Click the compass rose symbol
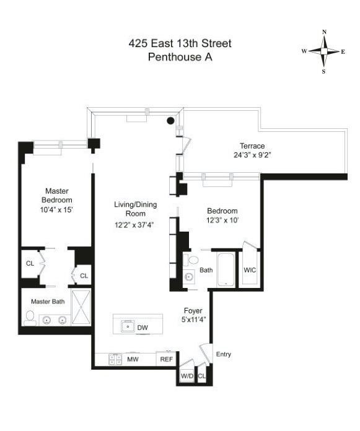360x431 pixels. click(x=323, y=51)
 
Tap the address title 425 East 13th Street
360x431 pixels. click(x=180, y=44)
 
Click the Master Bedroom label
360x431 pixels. click(x=57, y=196)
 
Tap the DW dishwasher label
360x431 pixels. click(x=143, y=328)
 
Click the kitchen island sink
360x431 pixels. click(x=127, y=326)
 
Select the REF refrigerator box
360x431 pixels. click(x=166, y=359)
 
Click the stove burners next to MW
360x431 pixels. click(x=115, y=359)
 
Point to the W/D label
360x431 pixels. click(x=186, y=376)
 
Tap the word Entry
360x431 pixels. click(x=223, y=354)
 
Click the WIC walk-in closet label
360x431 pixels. click(x=250, y=270)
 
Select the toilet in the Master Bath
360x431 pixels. click(x=29, y=318)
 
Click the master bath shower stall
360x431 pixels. click(x=81, y=307)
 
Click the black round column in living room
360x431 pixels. click(x=170, y=121)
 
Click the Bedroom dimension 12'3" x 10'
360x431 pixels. click(x=222, y=220)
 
